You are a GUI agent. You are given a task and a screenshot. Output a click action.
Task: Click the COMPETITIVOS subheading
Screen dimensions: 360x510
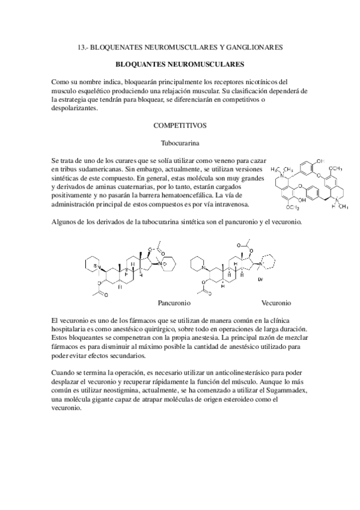tap(180, 126)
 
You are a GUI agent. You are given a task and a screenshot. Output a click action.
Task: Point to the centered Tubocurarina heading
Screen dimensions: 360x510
tap(180, 144)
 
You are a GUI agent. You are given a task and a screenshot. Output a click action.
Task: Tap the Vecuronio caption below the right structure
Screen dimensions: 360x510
tap(276, 303)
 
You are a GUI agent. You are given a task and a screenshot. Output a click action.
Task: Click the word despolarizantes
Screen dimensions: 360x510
tap(78, 109)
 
